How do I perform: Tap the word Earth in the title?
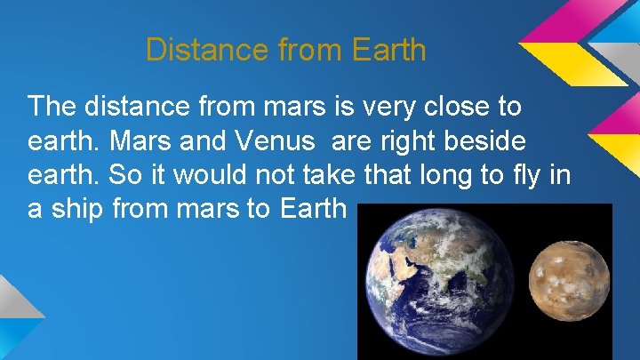(x=389, y=50)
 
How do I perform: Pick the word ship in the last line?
(x=79, y=210)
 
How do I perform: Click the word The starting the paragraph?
(x=54, y=108)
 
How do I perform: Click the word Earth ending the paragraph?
(x=311, y=210)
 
